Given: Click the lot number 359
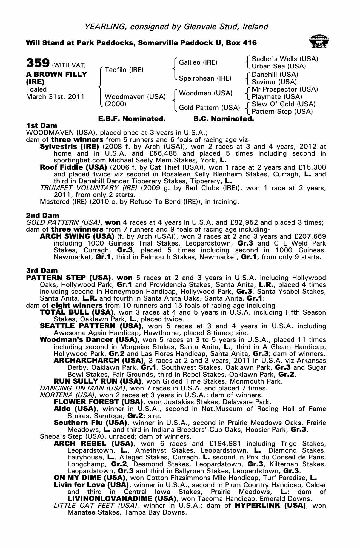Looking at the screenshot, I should point(38,63).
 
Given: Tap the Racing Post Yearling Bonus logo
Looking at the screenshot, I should point(319,41).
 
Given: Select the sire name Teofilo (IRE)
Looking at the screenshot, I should point(124,70).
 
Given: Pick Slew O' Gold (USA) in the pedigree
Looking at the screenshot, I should point(284,104).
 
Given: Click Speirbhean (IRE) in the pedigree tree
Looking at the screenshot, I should point(205,78).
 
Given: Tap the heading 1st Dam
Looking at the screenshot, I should point(42,125).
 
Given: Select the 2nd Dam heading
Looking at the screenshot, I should point(42,215).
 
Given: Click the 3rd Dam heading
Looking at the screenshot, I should point(42,271).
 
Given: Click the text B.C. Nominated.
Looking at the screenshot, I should point(224,119).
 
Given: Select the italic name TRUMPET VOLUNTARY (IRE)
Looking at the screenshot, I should point(88,188).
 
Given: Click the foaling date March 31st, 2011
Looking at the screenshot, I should point(55,97).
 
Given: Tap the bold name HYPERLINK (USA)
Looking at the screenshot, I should point(270,505).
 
